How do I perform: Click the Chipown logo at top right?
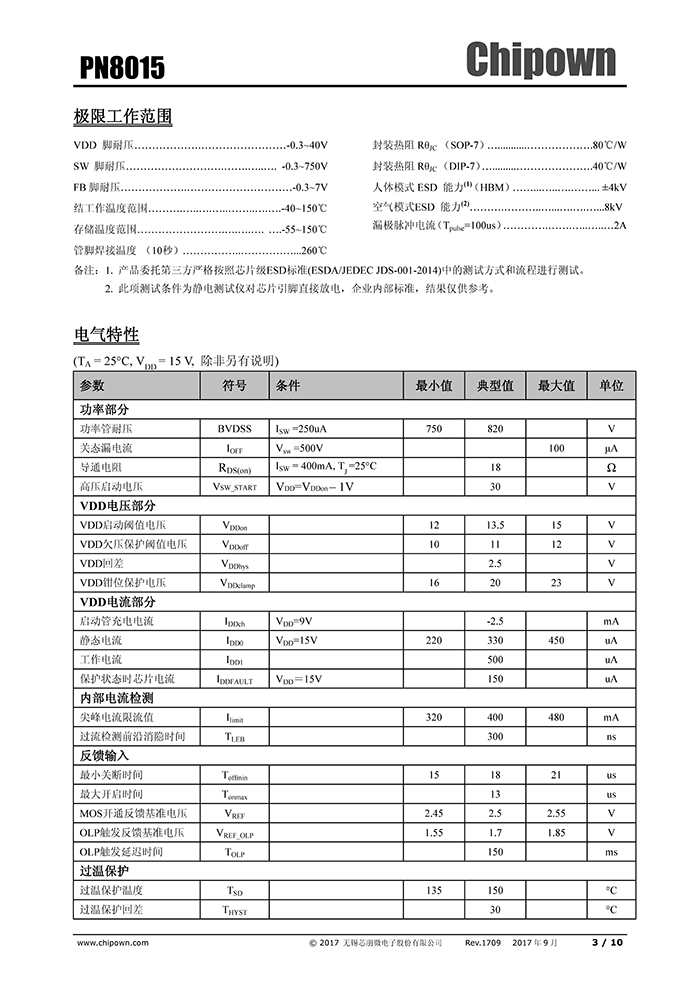(541, 59)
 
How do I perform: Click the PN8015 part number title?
(122, 67)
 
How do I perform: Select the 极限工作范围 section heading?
(123, 117)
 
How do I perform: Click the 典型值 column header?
(495, 386)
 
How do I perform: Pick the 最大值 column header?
(557, 386)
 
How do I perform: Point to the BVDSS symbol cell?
(235, 428)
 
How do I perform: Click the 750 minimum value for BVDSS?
(434, 428)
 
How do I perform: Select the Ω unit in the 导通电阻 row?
(611, 467)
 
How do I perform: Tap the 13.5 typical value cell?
(495, 525)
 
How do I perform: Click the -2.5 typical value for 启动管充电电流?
(495, 621)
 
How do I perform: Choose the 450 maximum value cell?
(557, 640)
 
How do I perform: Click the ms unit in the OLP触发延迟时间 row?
(611, 852)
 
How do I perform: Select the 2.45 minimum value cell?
(434, 813)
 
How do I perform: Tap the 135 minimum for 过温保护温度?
(434, 890)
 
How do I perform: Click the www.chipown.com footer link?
(112, 942)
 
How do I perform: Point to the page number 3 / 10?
(608, 942)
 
